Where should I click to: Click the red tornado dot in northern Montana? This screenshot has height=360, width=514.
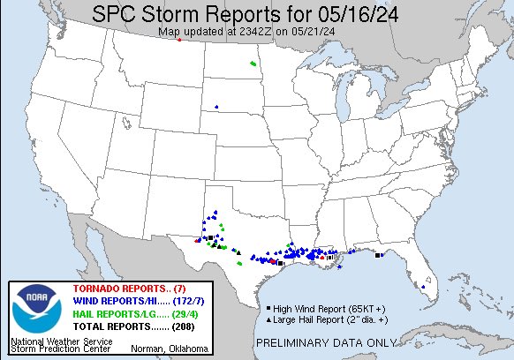179,40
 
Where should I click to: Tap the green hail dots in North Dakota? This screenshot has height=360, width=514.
253,64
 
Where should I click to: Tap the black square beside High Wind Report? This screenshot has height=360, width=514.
268,307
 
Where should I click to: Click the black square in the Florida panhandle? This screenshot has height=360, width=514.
378,256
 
